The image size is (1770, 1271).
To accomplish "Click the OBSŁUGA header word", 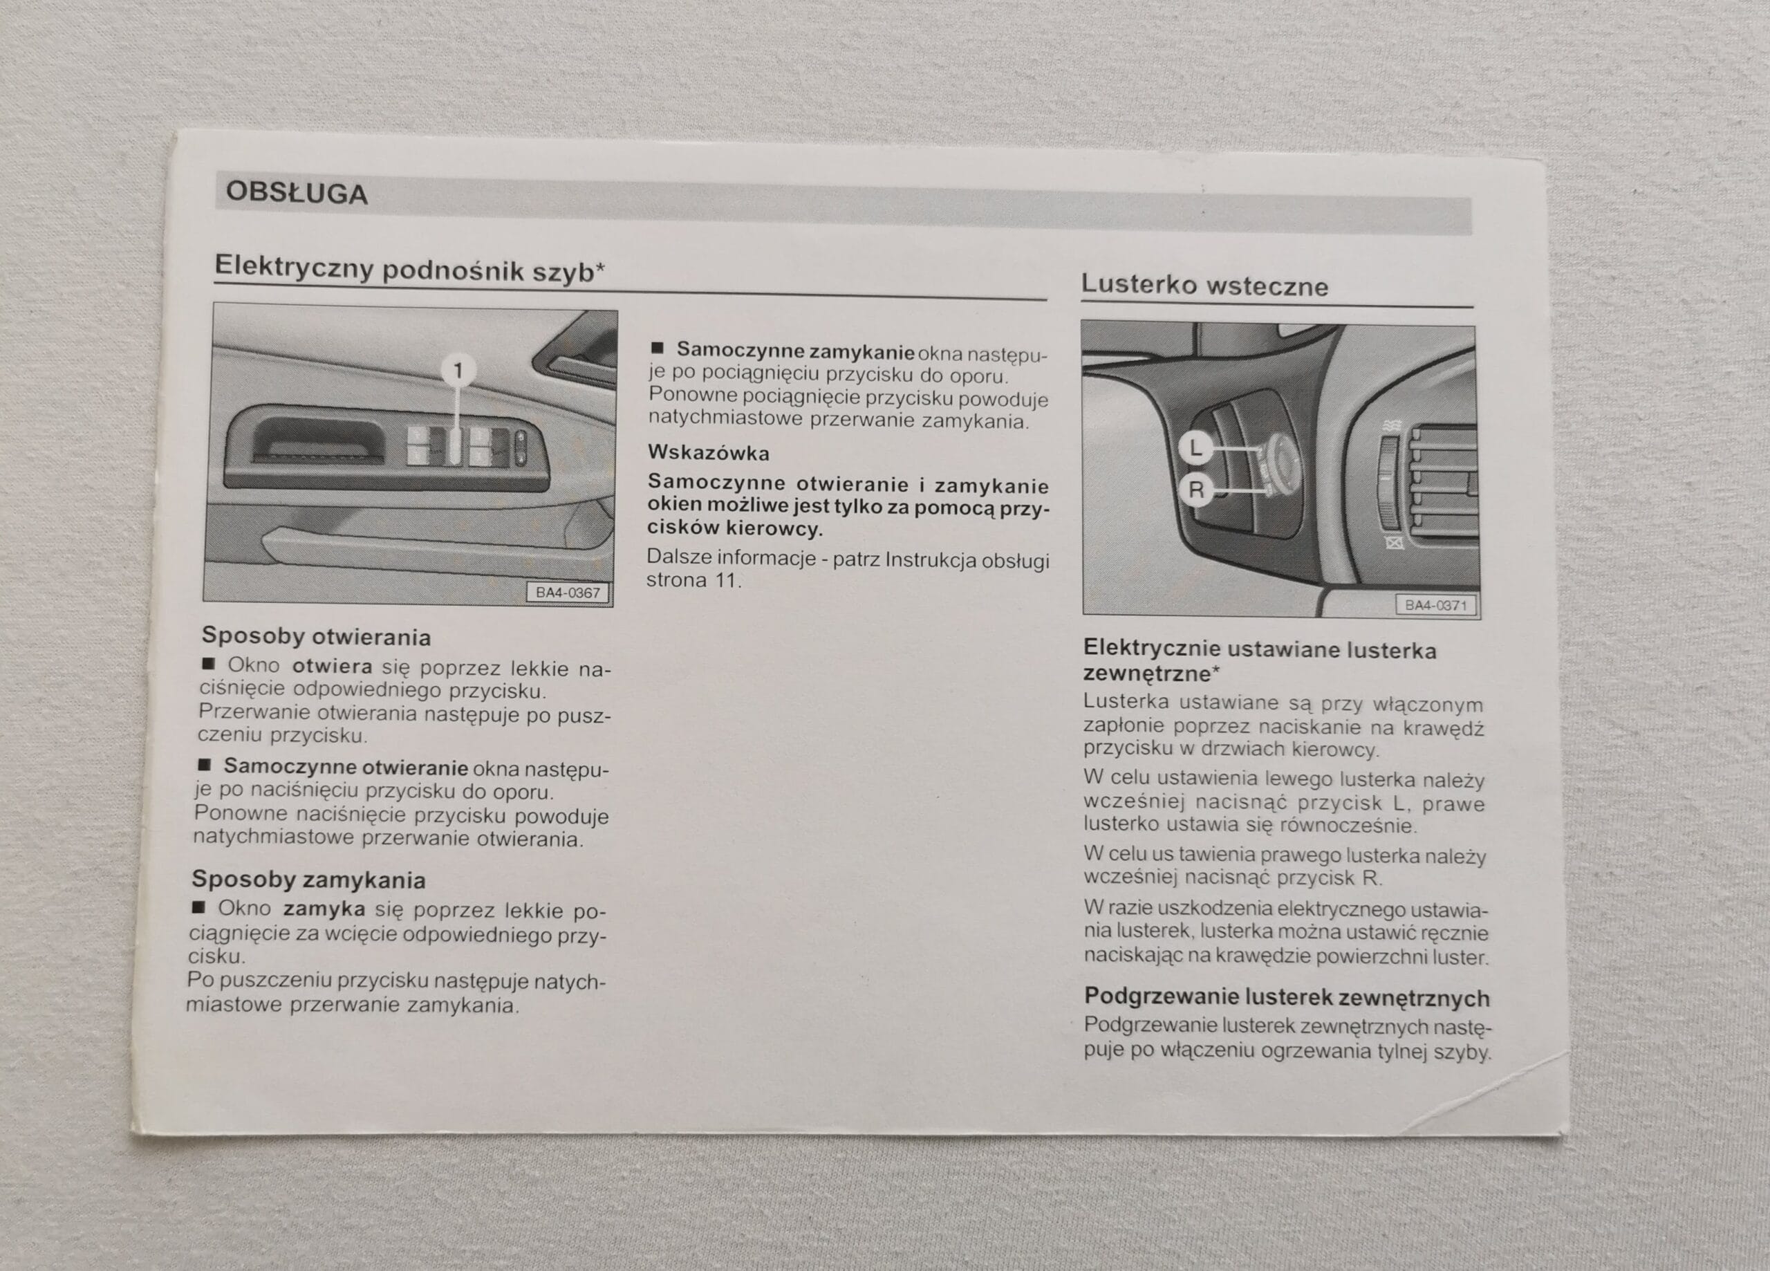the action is (x=296, y=193).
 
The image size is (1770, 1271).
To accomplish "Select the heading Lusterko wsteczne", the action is (x=1204, y=286).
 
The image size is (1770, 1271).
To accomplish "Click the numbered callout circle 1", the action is (x=458, y=369).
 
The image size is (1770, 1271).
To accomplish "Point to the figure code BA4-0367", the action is (x=568, y=593).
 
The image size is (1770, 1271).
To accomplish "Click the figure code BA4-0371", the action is (x=1435, y=605).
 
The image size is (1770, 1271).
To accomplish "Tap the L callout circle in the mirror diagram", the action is (x=1195, y=449).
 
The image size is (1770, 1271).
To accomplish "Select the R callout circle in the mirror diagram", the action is (x=1195, y=490).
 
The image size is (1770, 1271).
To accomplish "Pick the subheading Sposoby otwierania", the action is (x=316, y=636).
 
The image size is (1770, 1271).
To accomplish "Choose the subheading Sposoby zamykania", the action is (x=308, y=880).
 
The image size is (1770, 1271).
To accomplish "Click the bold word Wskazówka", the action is (x=709, y=453).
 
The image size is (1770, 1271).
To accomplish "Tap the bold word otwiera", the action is (x=332, y=667).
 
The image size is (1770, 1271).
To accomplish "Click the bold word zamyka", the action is (x=324, y=909).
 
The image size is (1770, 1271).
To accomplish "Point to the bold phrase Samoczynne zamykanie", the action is (x=795, y=351).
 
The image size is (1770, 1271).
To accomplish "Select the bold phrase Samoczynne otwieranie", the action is (x=346, y=767).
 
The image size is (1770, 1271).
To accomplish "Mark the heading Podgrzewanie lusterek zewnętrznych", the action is (x=1287, y=997).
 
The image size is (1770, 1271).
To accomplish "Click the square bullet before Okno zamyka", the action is (x=199, y=907).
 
